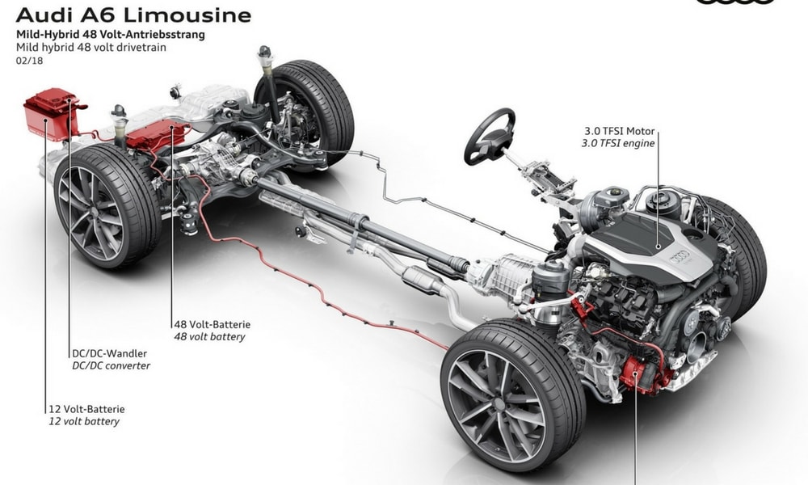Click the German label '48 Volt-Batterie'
(213, 324)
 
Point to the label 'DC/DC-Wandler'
(109, 353)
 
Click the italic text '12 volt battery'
(84, 421)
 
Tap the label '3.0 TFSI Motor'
(620, 131)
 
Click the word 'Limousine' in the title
(187, 15)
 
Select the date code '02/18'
(29, 61)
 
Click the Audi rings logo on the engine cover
(680, 255)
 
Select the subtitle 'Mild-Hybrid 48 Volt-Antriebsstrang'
(110, 35)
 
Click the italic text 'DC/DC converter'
(111, 365)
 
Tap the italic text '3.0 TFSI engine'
(618, 143)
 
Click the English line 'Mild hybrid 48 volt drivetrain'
(91, 48)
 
